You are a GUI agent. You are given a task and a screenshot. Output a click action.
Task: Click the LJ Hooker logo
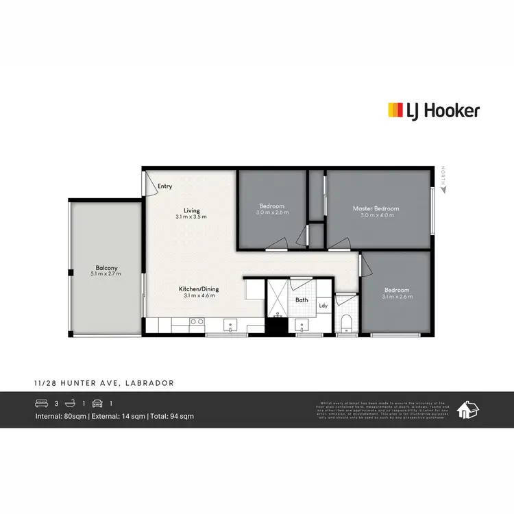click(434, 110)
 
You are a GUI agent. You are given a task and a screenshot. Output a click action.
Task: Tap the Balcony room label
click(106, 268)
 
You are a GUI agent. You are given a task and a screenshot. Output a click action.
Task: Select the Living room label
click(191, 210)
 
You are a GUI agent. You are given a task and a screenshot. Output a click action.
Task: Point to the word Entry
click(164, 186)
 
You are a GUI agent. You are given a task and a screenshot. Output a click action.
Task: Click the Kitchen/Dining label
click(199, 289)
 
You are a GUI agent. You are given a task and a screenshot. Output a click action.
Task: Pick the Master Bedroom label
click(376, 208)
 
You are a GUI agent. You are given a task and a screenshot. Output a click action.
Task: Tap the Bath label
click(302, 300)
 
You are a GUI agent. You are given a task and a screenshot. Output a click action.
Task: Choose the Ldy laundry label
click(323, 306)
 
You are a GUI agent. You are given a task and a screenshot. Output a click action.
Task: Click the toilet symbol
click(346, 323)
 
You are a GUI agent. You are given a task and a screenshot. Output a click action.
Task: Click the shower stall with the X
click(278, 295)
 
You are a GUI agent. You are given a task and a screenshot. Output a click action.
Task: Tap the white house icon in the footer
click(468, 410)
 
